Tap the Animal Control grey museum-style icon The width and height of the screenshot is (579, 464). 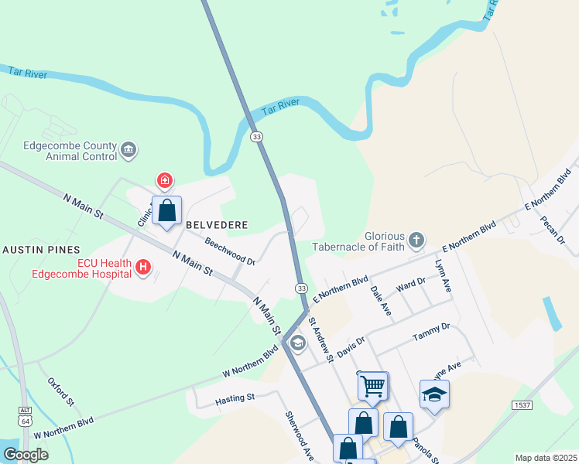(128, 149)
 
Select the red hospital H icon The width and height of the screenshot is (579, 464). (142, 268)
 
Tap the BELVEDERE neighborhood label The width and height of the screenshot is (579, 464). (216, 225)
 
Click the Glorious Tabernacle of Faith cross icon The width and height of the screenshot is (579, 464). (416, 240)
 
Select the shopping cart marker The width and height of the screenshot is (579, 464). (373, 385)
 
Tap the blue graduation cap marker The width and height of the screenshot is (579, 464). (434, 394)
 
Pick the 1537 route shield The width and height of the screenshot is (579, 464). (522, 405)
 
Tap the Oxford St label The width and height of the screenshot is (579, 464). (60, 392)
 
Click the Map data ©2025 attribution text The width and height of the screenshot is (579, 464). (546, 458)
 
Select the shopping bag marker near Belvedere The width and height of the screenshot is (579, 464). (166, 210)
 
